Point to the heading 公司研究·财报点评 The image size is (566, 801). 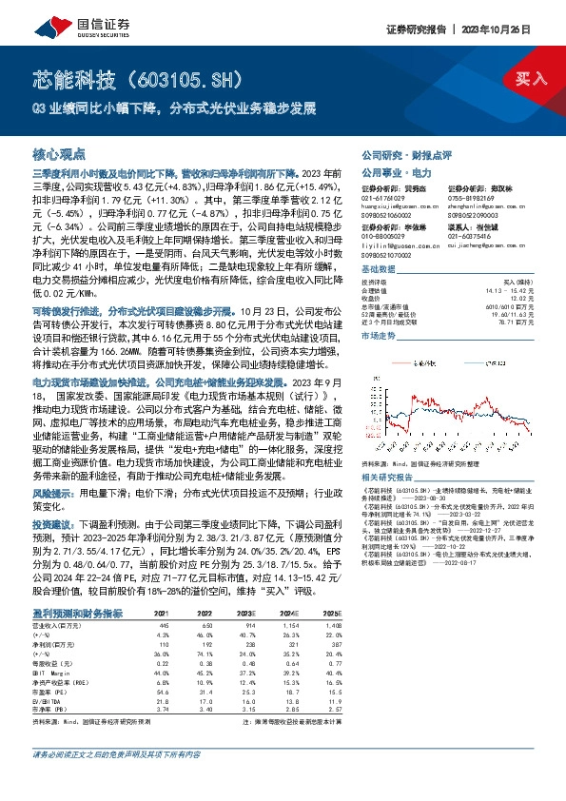pos(400,154)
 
